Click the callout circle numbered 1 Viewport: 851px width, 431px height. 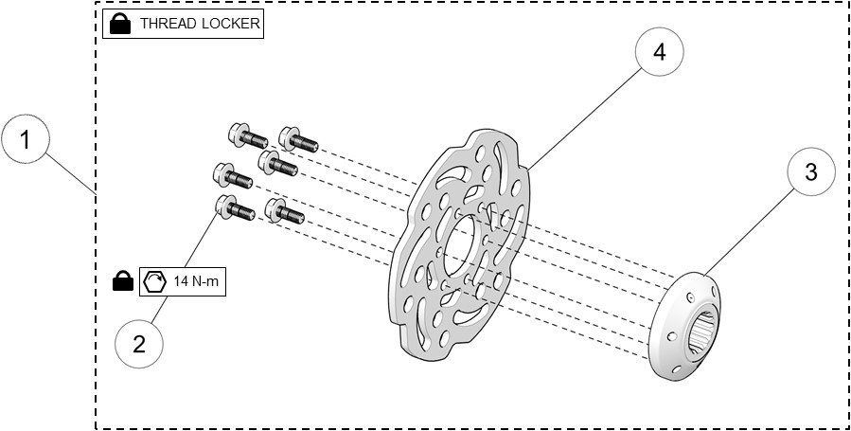click(x=26, y=141)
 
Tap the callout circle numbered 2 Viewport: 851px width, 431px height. click(x=139, y=342)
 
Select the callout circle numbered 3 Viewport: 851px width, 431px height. click(x=811, y=173)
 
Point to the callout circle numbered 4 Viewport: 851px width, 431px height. click(x=660, y=53)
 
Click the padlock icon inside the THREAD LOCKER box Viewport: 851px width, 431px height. click(x=120, y=24)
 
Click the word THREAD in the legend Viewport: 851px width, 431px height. click(x=167, y=25)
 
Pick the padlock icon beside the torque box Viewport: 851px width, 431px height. click(x=122, y=280)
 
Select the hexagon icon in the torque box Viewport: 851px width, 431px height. click(x=152, y=281)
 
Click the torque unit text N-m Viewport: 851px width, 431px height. click(x=208, y=281)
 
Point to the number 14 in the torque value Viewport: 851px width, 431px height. click(x=181, y=281)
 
